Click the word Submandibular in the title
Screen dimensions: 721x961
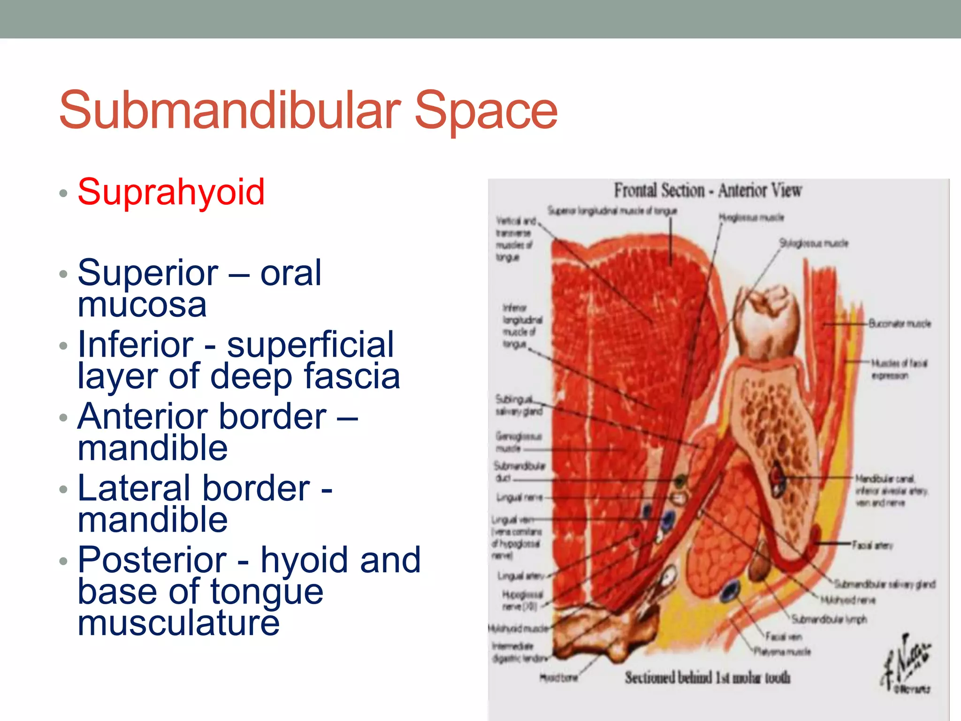pos(230,111)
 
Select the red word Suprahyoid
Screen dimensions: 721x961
pos(171,192)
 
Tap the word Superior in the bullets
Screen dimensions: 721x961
pos(148,273)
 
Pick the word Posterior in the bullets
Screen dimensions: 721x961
pos(152,560)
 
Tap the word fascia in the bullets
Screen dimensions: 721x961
pos(352,376)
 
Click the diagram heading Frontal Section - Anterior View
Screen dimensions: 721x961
pos(708,191)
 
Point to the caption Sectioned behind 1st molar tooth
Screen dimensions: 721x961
pos(708,678)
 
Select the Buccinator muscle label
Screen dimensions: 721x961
pos(899,323)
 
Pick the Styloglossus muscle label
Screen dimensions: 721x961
pos(814,243)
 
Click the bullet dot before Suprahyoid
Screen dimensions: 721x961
pos(64,193)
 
